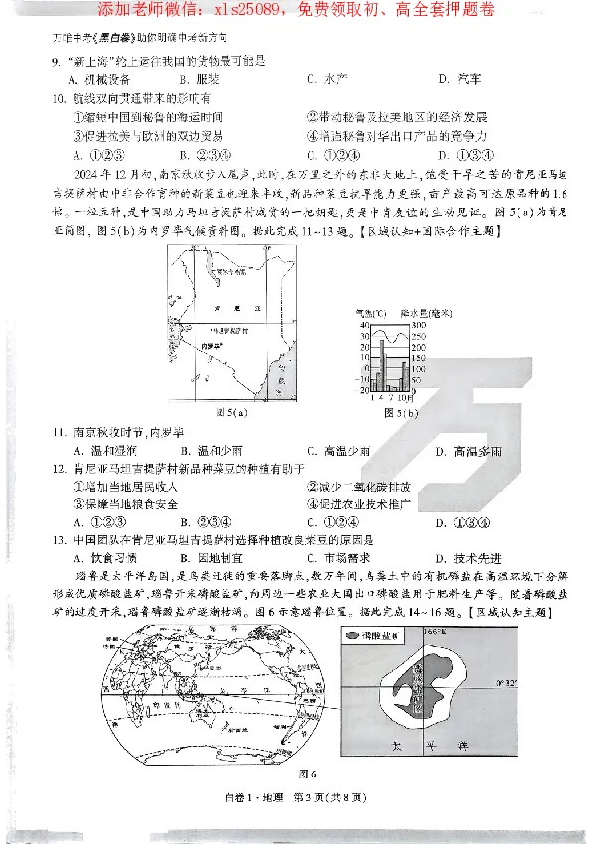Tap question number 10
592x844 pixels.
pyautogui.click(x=60, y=98)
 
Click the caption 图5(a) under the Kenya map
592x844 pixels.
pyautogui.click(x=231, y=410)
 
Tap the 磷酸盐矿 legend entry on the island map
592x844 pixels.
pyautogui.click(x=372, y=633)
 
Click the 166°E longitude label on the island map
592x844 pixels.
pyautogui.click(x=435, y=631)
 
